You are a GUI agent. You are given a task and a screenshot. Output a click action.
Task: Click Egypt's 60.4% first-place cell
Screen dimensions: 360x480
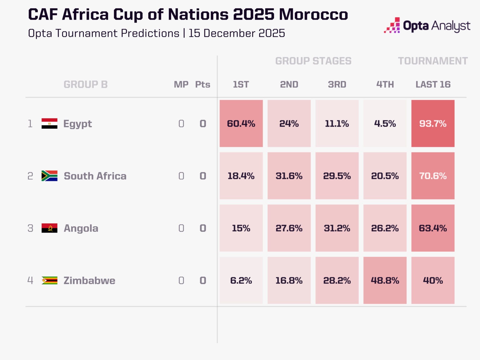click(x=241, y=123)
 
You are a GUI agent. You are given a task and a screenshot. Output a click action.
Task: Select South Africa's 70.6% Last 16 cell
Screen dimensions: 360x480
click(x=433, y=176)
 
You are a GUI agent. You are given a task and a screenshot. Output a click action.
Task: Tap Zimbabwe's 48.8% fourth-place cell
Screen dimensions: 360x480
click(x=385, y=280)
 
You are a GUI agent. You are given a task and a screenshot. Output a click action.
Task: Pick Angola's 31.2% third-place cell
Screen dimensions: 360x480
click(x=337, y=228)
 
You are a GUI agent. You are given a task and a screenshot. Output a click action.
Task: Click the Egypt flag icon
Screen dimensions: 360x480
click(x=49, y=123)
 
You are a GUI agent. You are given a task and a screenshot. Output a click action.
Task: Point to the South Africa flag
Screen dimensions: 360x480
click(x=49, y=176)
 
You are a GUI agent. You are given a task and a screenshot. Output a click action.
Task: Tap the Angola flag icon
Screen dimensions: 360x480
click(x=49, y=228)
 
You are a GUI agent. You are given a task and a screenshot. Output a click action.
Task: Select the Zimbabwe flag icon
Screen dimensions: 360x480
click(x=49, y=280)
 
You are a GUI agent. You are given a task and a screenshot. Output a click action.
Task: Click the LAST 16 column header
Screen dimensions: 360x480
click(x=433, y=84)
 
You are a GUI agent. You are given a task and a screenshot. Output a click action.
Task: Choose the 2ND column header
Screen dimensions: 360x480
click(x=289, y=84)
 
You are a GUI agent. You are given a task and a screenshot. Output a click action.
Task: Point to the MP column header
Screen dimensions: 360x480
click(x=181, y=84)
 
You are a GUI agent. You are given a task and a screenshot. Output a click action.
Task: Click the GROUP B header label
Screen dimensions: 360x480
click(x=86, y=84)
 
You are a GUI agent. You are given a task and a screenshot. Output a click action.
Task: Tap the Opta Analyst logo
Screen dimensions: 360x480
click(x=427, y=26)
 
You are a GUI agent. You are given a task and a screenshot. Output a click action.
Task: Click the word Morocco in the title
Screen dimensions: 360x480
click(x=313, y=14)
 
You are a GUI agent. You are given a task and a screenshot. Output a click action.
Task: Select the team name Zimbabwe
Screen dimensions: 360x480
click(x=89, y=280)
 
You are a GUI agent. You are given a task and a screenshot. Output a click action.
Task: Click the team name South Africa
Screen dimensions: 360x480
click(x=95, y=176)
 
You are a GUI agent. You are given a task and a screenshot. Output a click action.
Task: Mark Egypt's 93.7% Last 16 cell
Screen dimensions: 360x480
click(x=433, y=123)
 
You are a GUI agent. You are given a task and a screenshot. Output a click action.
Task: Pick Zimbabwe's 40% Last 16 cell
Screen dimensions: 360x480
click(x=433, y=280)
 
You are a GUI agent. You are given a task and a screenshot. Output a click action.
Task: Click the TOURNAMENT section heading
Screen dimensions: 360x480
click(x=433, y=61)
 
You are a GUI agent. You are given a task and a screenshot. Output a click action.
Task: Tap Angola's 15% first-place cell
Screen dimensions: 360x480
click(x=241, y=228)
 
